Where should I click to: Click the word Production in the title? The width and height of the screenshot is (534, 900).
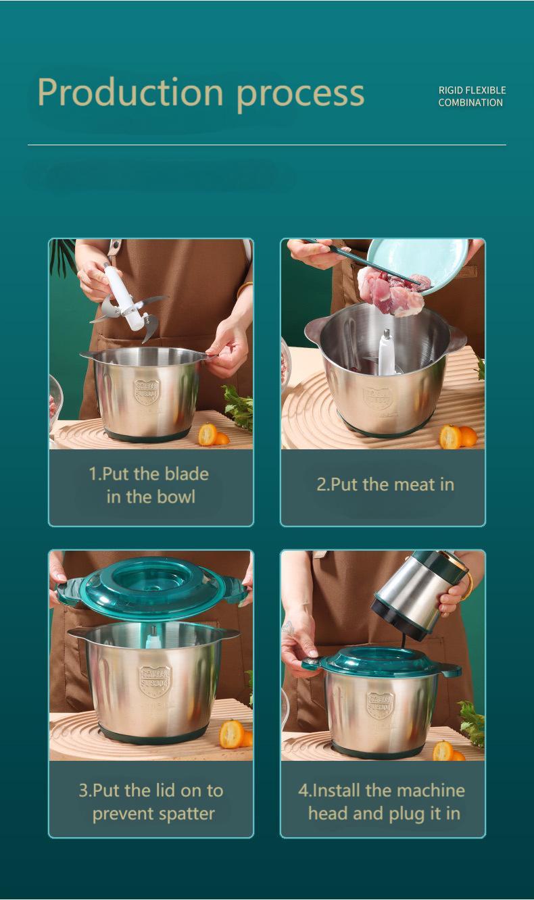point(130,93)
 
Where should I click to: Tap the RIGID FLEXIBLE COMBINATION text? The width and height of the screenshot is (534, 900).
point(471,97)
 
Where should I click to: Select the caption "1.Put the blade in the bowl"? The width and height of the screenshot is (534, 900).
point(150,485)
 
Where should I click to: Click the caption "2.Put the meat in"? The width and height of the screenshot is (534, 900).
point(385,484)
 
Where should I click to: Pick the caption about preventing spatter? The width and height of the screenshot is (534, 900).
point(151,802)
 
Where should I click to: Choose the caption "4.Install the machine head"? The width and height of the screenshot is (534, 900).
point(382,802)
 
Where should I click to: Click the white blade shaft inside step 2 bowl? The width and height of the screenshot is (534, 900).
point(386,353)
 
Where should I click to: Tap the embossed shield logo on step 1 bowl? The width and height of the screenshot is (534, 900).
point(147,391)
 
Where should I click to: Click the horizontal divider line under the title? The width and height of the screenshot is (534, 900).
point(266,145)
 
